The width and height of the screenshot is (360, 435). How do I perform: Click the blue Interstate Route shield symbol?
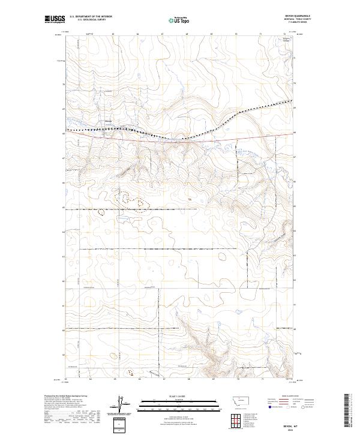click(270, 407)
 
